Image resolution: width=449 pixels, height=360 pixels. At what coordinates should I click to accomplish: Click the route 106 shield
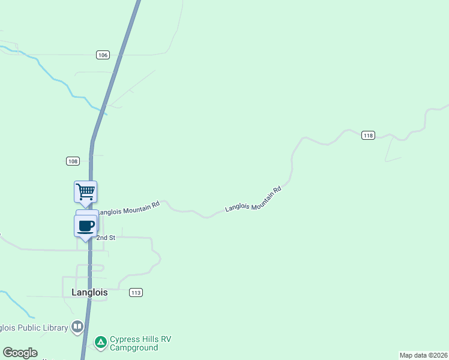click(x=103, y=55)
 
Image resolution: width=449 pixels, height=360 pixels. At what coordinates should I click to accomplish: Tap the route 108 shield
click(x=73, y=161)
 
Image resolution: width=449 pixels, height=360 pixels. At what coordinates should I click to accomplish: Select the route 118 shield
click(x=368, y=136)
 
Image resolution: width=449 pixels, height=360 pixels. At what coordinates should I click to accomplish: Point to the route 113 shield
click(x=136, y=292)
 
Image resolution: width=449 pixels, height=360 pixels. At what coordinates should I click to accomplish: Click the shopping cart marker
click(x=85, y=192)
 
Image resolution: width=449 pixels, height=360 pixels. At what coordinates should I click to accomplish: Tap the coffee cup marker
click(x=85, y=226)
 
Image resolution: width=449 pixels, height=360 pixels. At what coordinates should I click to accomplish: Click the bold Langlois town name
click(x=86, y=292)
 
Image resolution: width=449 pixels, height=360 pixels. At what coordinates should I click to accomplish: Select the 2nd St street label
click(x=106, y=238)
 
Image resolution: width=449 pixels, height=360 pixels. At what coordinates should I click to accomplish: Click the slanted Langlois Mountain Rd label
click(x=253, y=199)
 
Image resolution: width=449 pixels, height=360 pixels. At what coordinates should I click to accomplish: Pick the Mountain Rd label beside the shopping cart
click(x=130, y=208)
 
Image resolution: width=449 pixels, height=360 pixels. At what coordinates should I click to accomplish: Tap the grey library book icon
click(x=77, y=327)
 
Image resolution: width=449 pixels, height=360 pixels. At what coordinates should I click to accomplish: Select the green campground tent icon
click(x=101, y=343)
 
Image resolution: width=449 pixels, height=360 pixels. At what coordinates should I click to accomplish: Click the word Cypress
click(x=124, y=339)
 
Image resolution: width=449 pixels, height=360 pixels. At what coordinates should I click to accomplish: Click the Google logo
click(x=20, y=353)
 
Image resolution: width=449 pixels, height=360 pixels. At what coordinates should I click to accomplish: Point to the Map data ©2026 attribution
click(x=423, y=355)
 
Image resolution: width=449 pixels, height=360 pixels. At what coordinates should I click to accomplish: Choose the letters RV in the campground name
click(x=166, y=339)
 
